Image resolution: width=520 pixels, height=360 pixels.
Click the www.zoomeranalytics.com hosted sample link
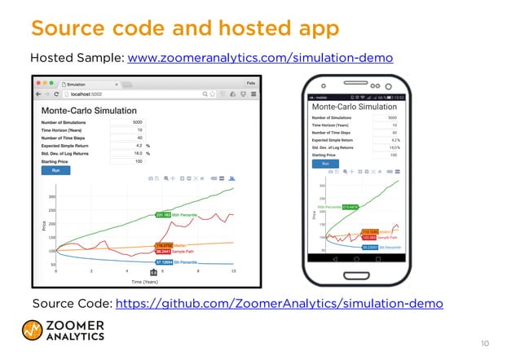(261, 59)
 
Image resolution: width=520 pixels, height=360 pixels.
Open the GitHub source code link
(280, 304)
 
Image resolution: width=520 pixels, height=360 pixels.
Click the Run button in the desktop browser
(55, 171)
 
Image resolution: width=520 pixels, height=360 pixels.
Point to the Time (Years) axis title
(144, 282)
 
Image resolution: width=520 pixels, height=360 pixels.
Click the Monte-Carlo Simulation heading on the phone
(355, 107)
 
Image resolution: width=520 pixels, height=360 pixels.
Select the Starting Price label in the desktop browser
(59, 162)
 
